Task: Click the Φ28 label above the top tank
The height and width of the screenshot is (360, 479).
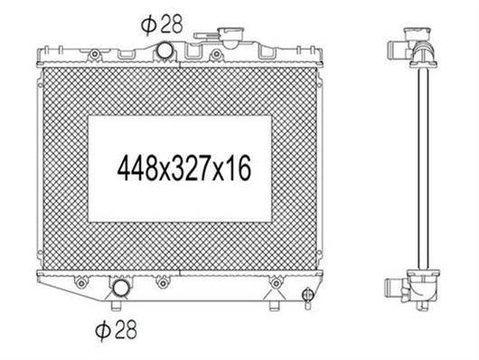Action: click(162, 24)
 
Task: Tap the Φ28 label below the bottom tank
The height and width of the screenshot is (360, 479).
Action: click(116, 329)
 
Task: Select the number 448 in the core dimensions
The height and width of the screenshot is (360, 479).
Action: click(137, 168)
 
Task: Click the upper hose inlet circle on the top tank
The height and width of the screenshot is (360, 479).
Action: click(164, 51)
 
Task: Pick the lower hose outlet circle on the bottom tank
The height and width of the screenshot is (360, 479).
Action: click(120, 288)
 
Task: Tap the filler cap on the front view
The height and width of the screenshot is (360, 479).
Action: click(231, 36)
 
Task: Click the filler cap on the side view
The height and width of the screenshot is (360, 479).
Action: click(417, 34)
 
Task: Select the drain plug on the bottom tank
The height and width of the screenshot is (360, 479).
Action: click(307, 296)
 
